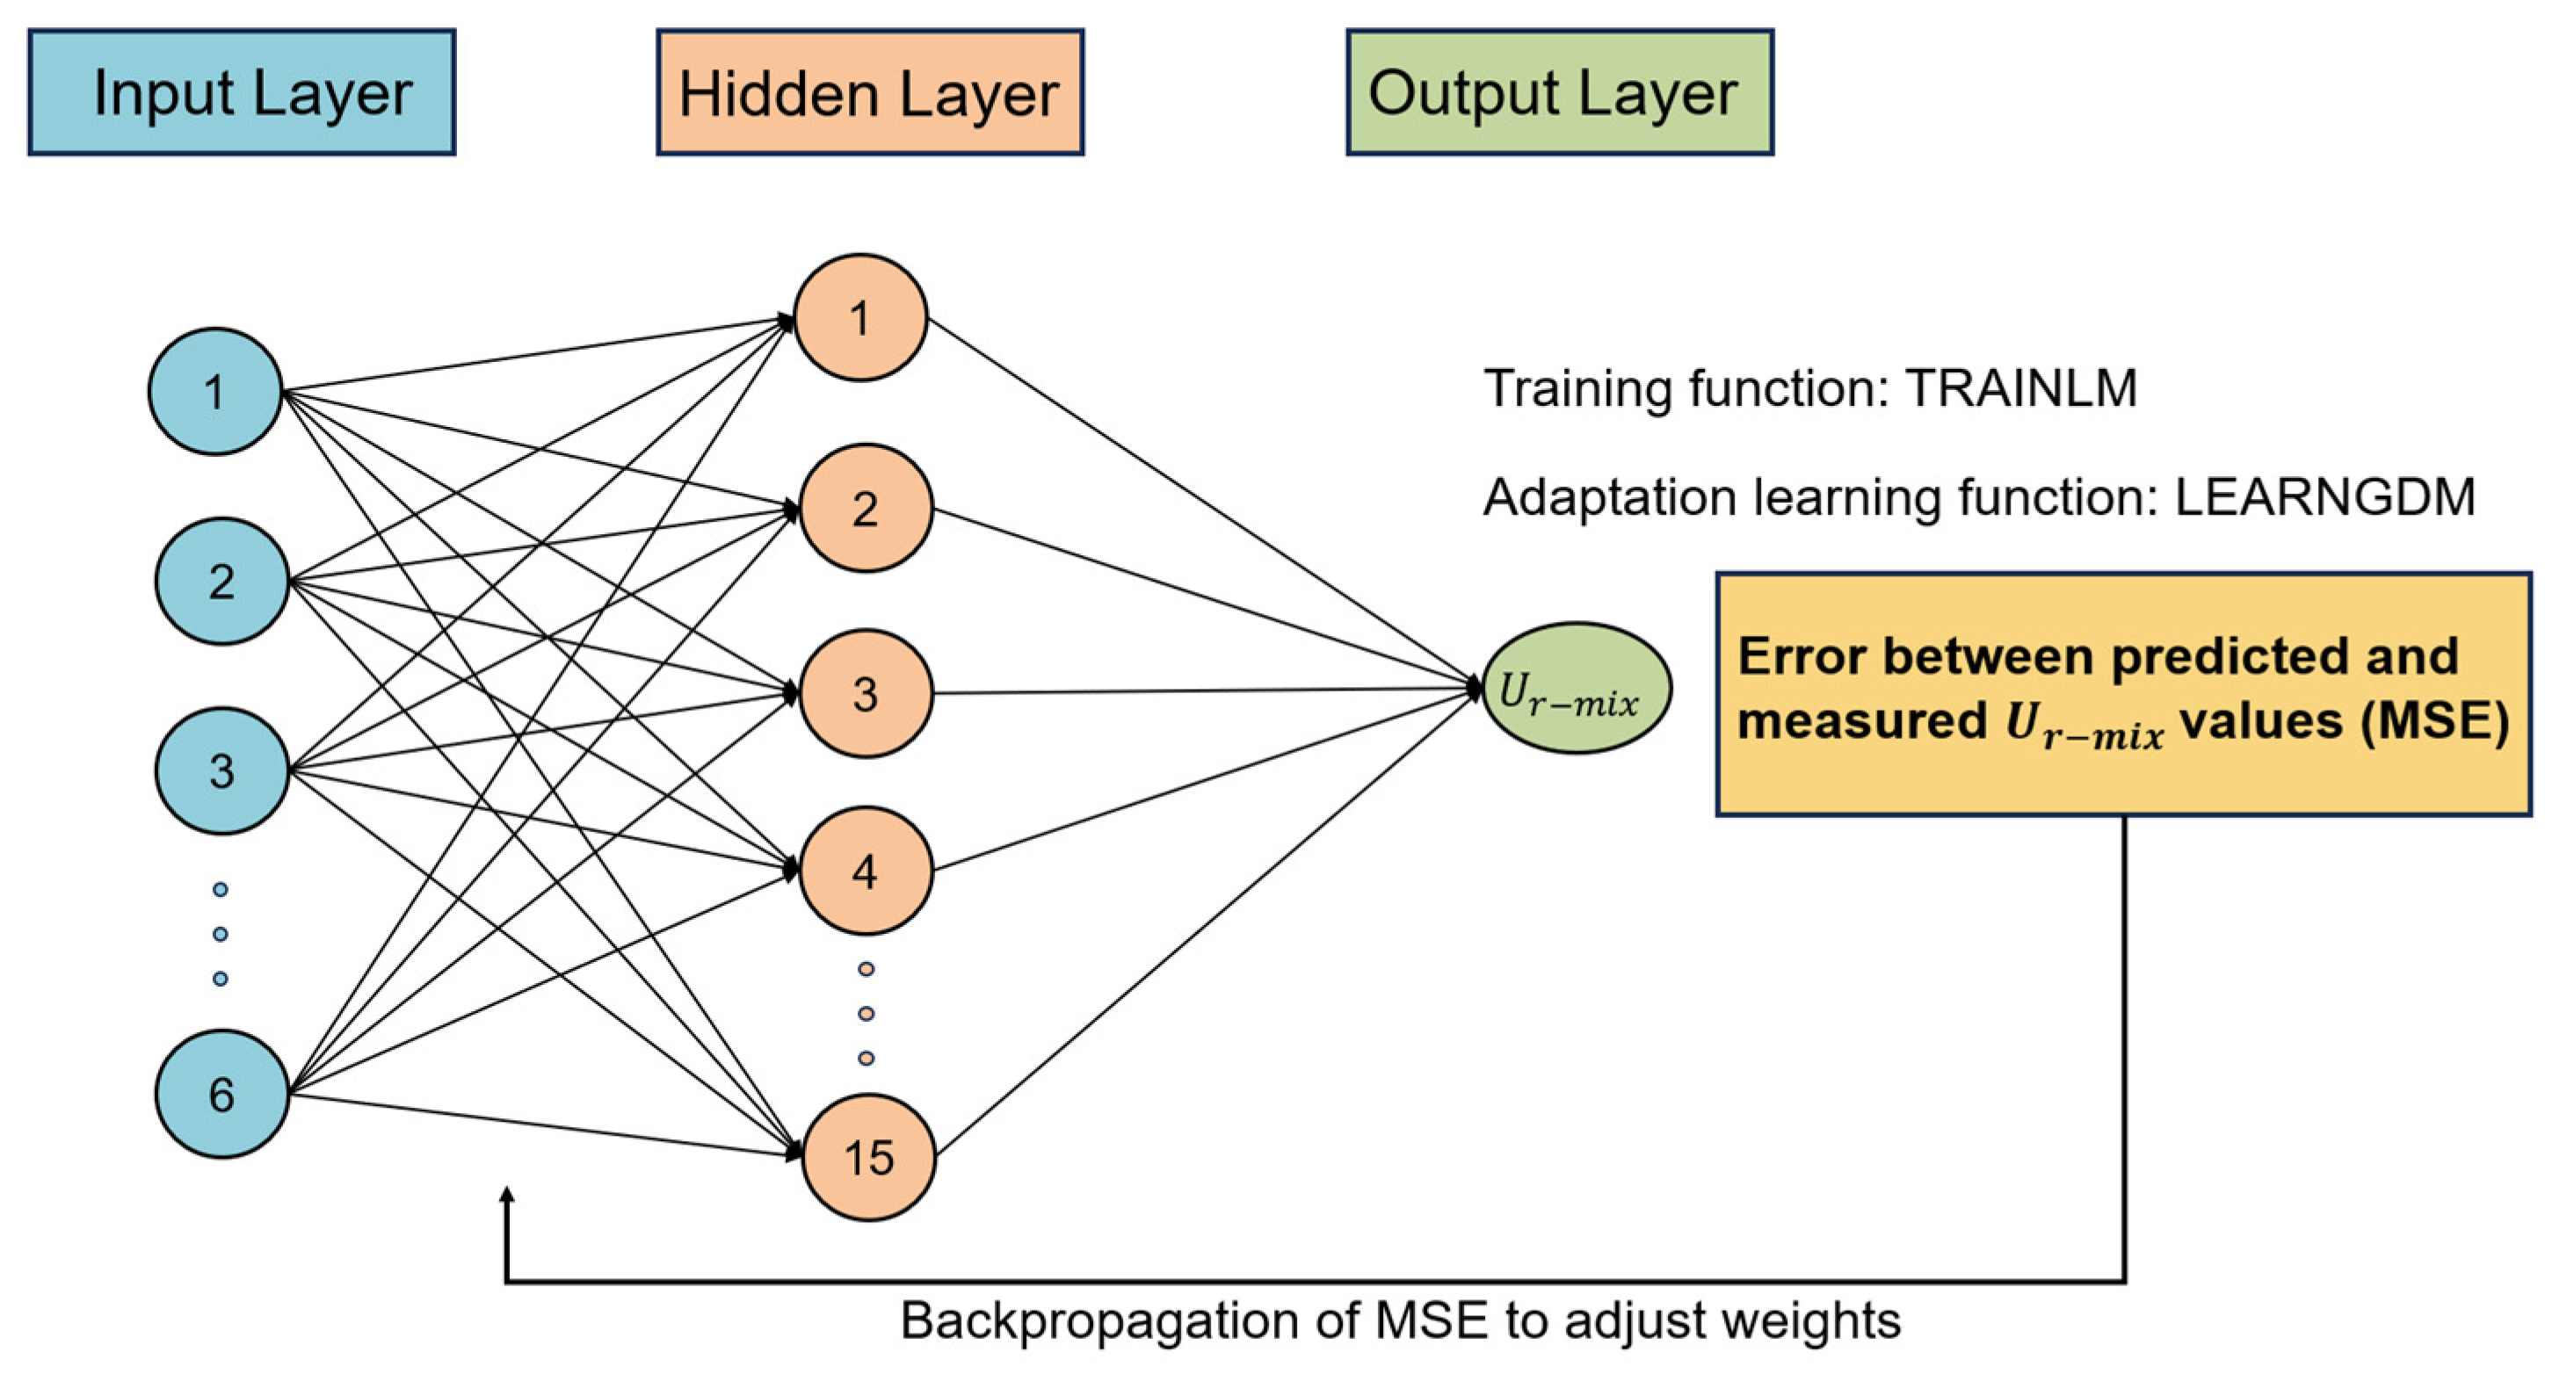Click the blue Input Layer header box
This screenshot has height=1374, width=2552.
pos(242,92)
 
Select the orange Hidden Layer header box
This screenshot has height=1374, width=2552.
pos(870,92)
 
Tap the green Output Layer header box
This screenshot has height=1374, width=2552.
pos(1559,92)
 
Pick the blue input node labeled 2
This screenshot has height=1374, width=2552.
pos(222,582)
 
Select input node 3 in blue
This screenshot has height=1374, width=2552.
pos(222,770)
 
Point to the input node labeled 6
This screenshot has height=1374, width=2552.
pos(222,1094)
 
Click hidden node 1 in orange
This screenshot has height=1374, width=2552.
pos(861,318)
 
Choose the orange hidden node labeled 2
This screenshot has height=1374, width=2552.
pos(866,508)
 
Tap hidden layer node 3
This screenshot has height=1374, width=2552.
pos(866,693)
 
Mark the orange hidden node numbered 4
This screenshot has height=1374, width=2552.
pos(866,871)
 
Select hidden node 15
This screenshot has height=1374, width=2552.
pos(869,1157)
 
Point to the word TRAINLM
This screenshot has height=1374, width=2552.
pos(2021,388)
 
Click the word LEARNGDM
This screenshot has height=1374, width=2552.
pos(2324,497)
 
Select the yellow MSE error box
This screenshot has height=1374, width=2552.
pos(2124,694)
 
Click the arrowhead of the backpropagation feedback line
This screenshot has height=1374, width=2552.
pos(507,1197)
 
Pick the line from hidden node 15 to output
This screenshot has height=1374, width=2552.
pos(1208,922)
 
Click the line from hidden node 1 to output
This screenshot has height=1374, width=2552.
pos(1205,503)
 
